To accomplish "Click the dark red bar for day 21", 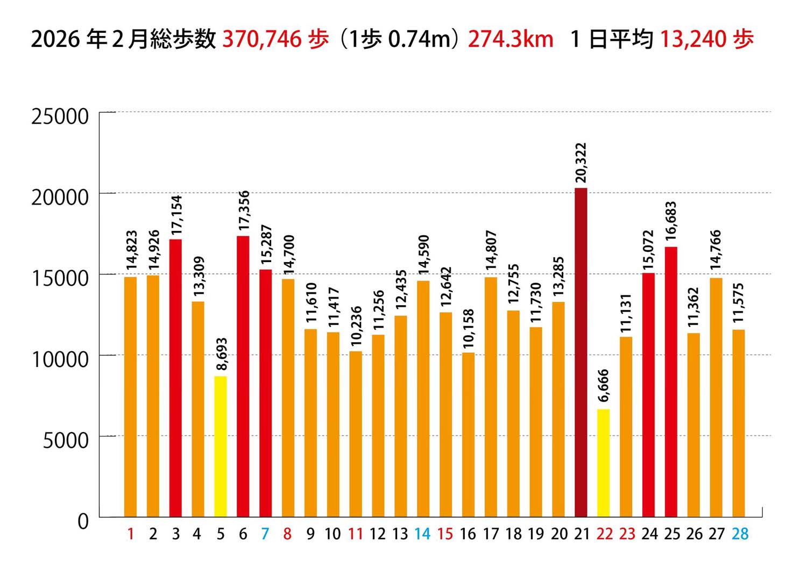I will (581, 352).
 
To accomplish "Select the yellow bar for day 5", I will (221, 447).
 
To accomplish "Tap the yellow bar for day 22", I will (603, 463).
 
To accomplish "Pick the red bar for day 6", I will (243, 377).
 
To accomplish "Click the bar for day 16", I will (468, 435).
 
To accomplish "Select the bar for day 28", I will (739, 423).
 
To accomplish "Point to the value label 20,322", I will (581, 163).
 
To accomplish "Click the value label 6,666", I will (603, 385).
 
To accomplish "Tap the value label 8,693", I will (221, 354).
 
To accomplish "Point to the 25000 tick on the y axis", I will (60, 116).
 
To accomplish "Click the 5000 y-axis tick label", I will (66, 440).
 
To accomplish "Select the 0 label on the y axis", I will (83, 521).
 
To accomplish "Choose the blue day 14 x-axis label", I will (422, 534).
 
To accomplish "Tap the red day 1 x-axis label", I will (131, 534).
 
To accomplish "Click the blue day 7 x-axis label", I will (265, 534).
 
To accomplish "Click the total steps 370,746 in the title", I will (262, 39).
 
